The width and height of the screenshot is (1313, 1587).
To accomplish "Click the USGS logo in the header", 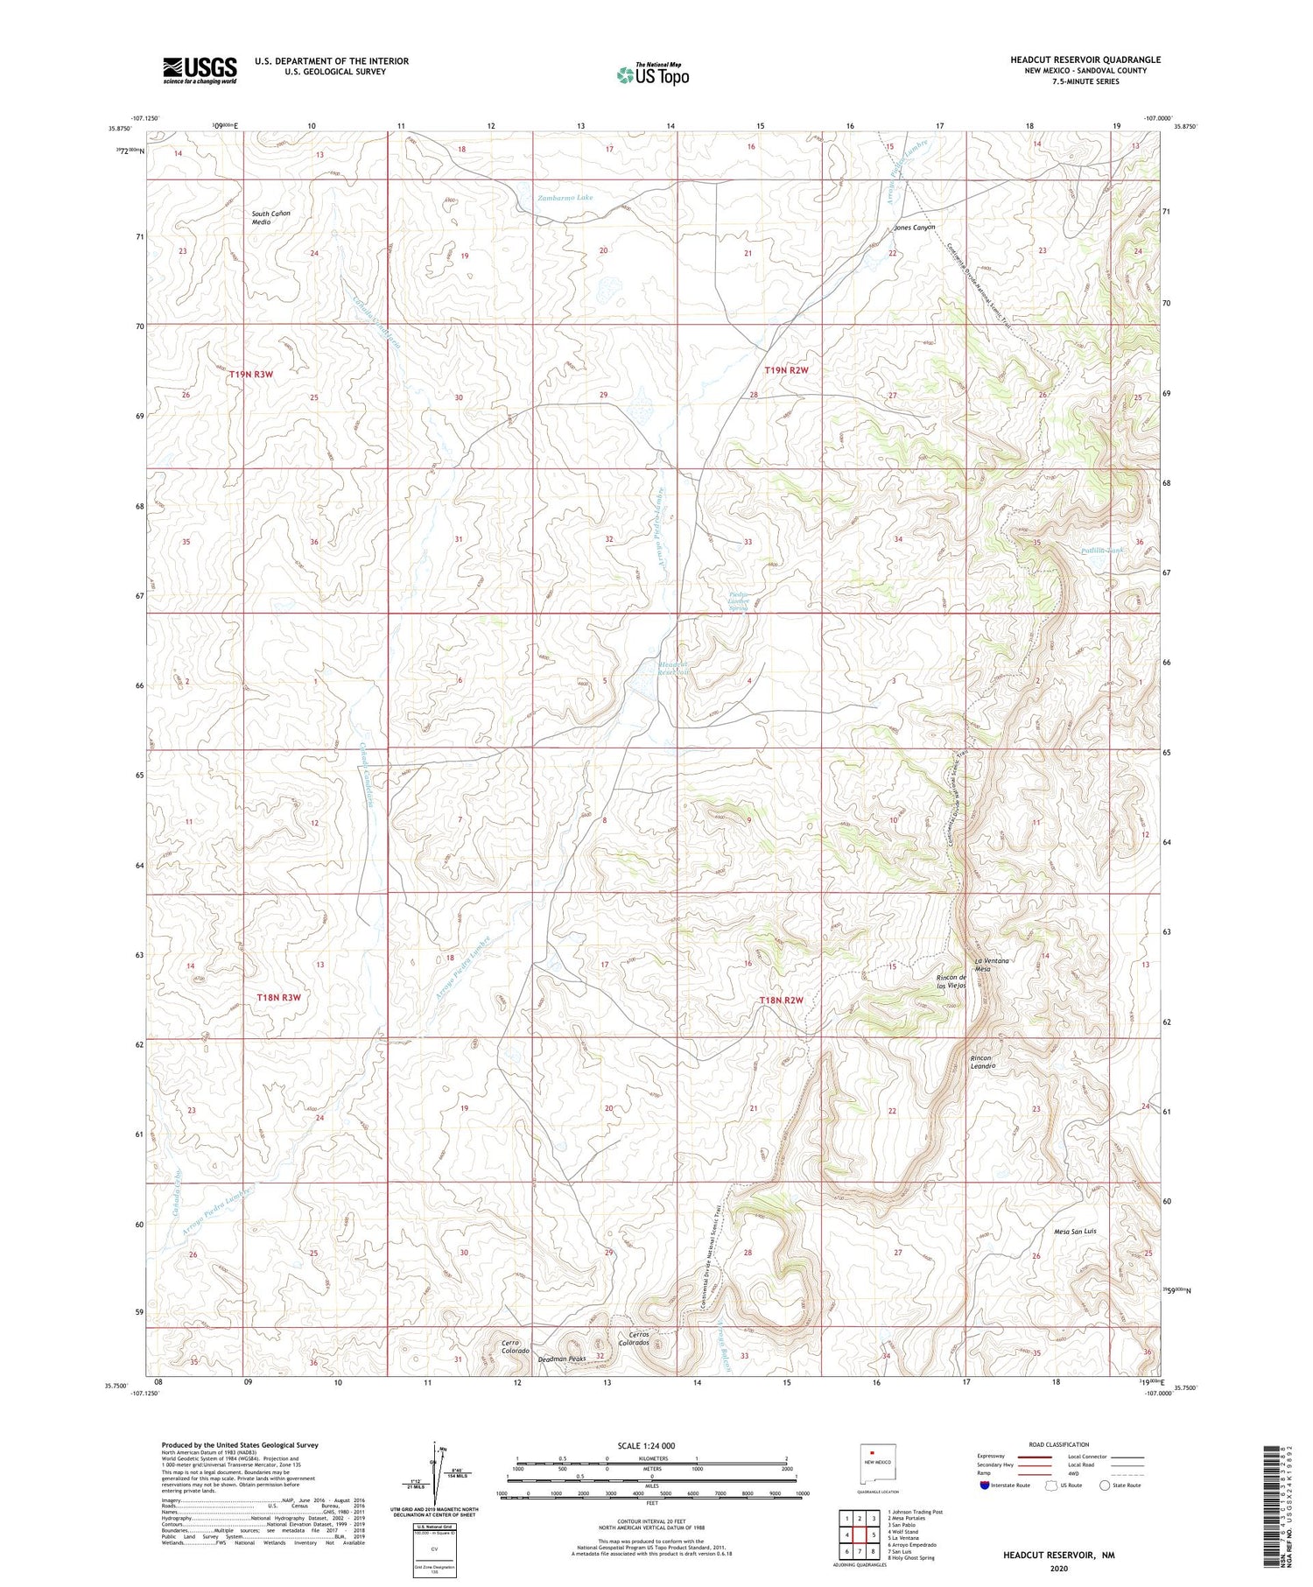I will (199, 70).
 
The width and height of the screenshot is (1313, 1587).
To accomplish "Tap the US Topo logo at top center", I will (653, 74).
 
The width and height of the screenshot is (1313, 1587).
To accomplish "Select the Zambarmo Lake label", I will (565, 198).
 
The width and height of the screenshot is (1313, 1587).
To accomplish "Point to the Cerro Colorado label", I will (516, 1346).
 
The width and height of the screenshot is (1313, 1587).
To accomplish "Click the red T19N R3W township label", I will (251, 375).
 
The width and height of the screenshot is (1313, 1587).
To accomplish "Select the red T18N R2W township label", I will (781, 1000).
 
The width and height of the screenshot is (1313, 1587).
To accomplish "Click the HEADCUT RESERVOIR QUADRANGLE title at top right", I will (1085, 60).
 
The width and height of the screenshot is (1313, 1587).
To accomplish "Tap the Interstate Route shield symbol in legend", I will (985, 1485).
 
